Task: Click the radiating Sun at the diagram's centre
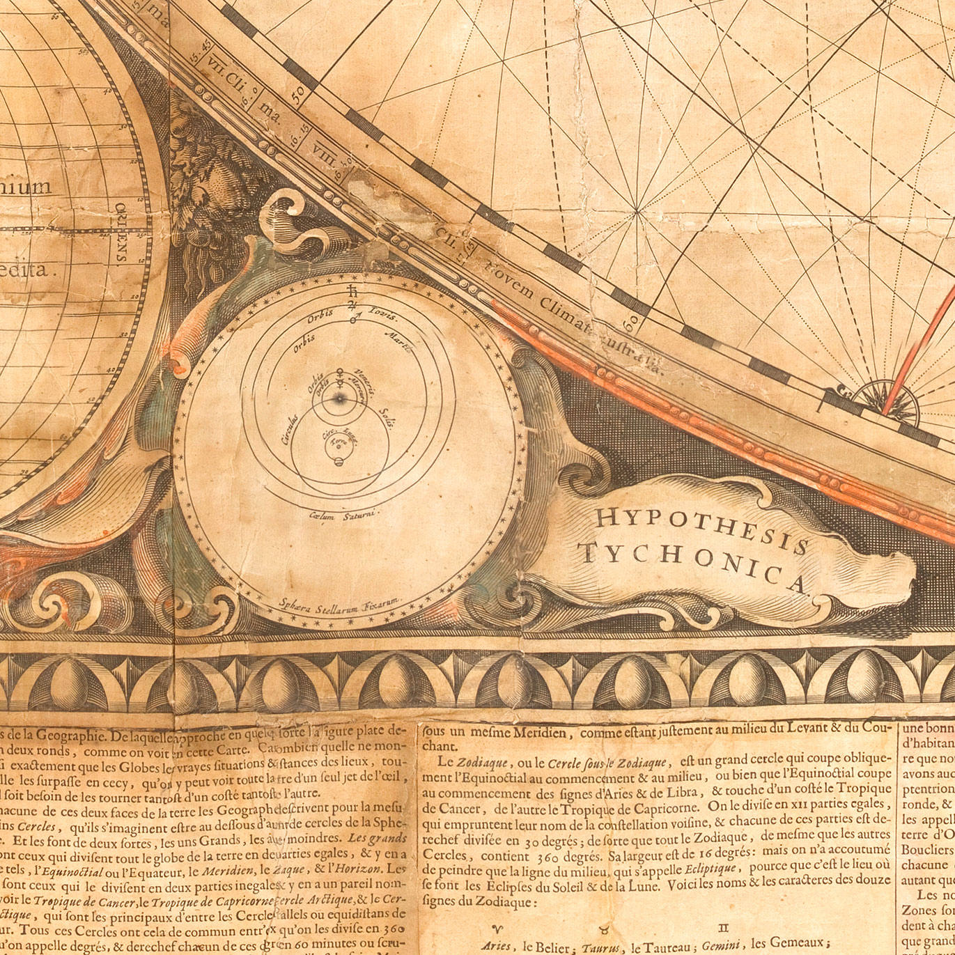coord(340,399)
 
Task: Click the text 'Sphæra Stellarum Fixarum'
coord(338,603)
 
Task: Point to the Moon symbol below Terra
coord(339,463)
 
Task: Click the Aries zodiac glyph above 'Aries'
coord(497,929)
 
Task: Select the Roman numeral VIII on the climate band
coord(325,155)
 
